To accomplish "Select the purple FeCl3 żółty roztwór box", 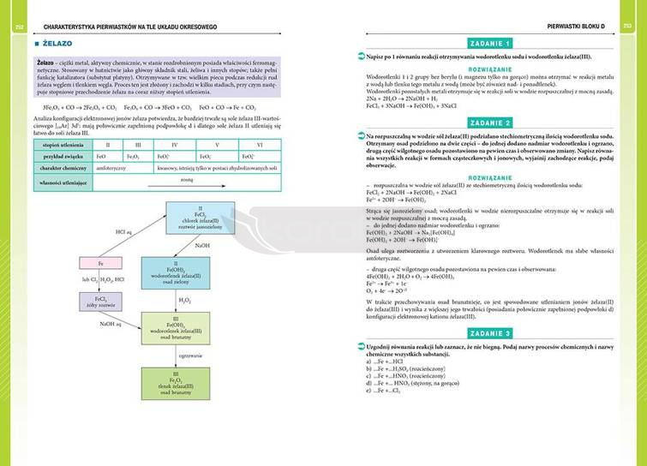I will pyautogui.click(x=101, y=300).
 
